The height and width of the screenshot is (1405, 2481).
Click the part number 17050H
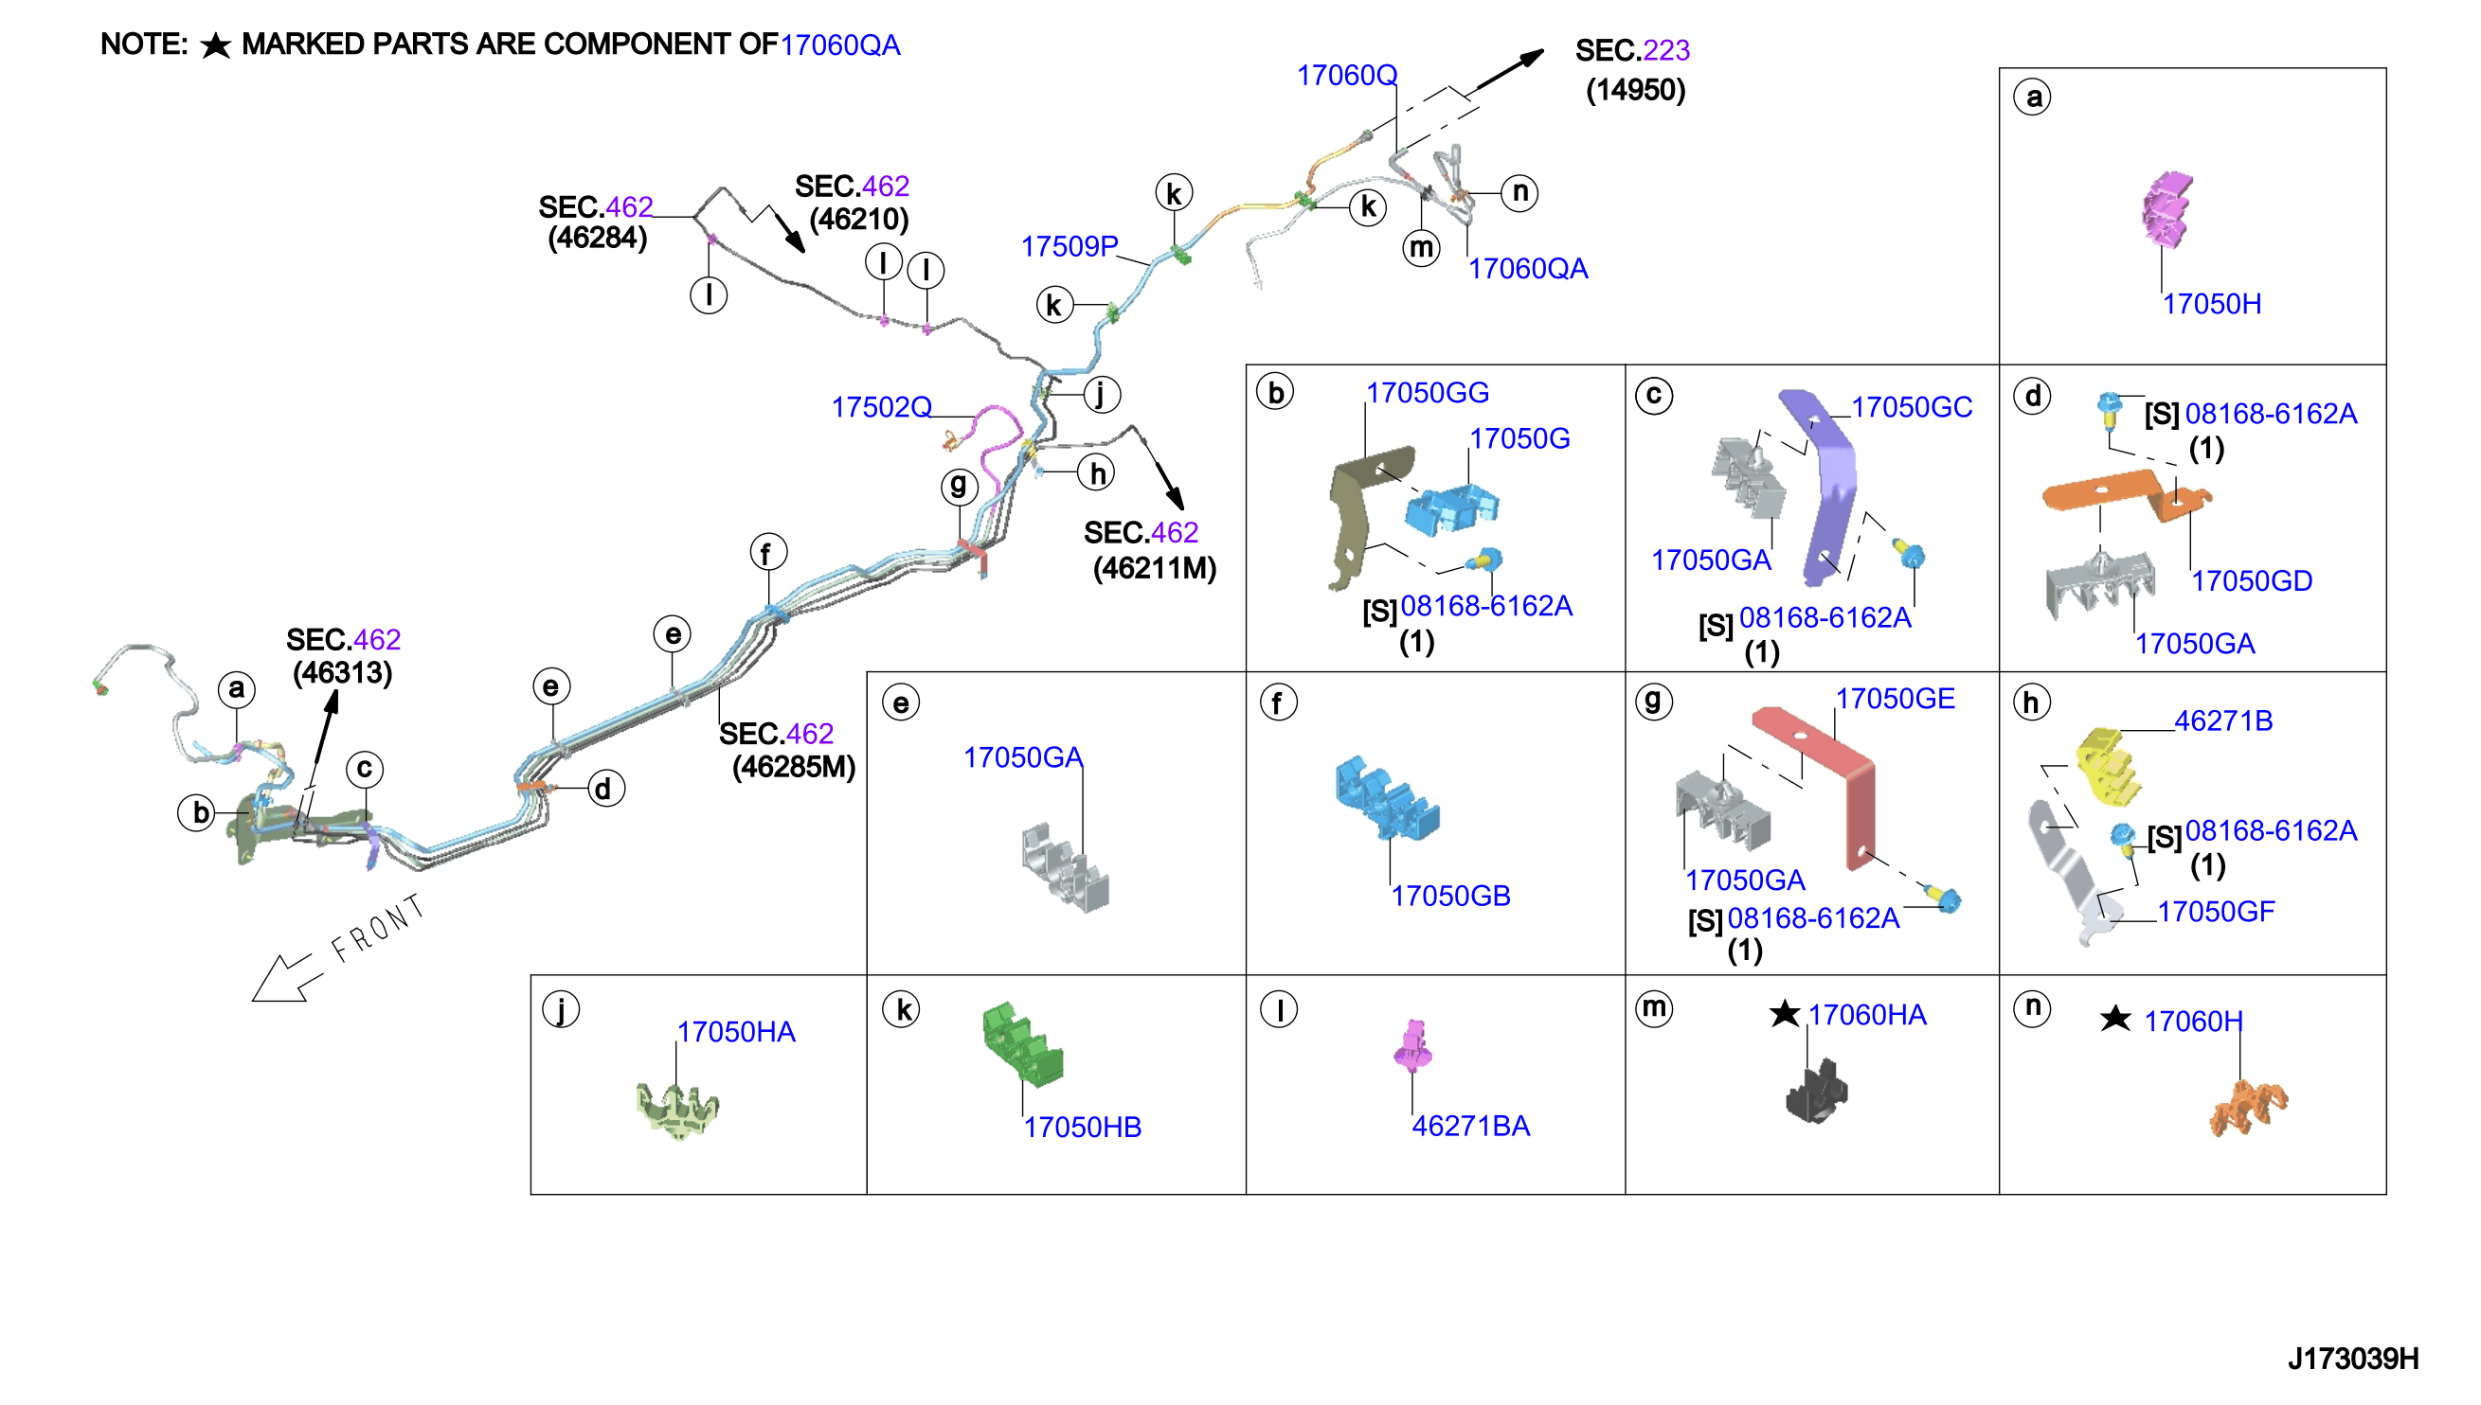tap(2211, 304)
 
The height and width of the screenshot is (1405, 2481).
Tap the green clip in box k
tap(1022, 1042)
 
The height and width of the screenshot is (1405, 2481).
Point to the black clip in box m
tap(1816, 1092)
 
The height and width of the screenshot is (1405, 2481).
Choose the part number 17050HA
tap(736, 1033)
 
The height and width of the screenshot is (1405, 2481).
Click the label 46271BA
tap(1470, 1126)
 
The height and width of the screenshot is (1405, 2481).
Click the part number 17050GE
tap(1894, 699)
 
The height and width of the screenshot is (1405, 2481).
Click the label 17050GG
tap(1427, 393)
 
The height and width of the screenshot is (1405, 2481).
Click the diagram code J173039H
tap(2352, 1359)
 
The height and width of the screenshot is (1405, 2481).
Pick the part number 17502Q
tap(881, 407)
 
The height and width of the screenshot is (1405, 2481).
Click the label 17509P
tap(1069, 247)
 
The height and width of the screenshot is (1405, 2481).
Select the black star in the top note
tap(215, 45)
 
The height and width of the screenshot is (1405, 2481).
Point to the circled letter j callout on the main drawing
tap(1101, 395)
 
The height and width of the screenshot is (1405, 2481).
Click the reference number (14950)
tap(1635, 90)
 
